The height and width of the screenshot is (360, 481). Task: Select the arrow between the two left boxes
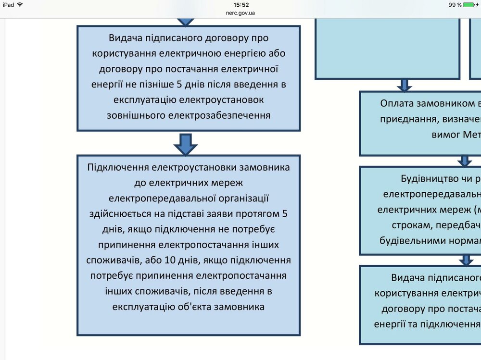[x=186, y=143]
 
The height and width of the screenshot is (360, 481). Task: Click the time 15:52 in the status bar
[x=240, y=4]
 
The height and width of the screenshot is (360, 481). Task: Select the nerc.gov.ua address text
[x=240, y=12]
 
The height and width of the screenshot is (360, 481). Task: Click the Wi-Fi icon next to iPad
[x=20, y=4]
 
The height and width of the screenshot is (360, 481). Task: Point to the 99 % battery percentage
[x=455, y=5]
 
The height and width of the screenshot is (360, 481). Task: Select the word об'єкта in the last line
[x=184, y=306]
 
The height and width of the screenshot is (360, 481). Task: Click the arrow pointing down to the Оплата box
[x=405, y=85]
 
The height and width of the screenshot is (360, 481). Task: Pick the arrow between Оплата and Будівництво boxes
[x=465, y=161]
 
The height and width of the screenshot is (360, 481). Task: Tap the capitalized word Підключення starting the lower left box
[x=118, y=168]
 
